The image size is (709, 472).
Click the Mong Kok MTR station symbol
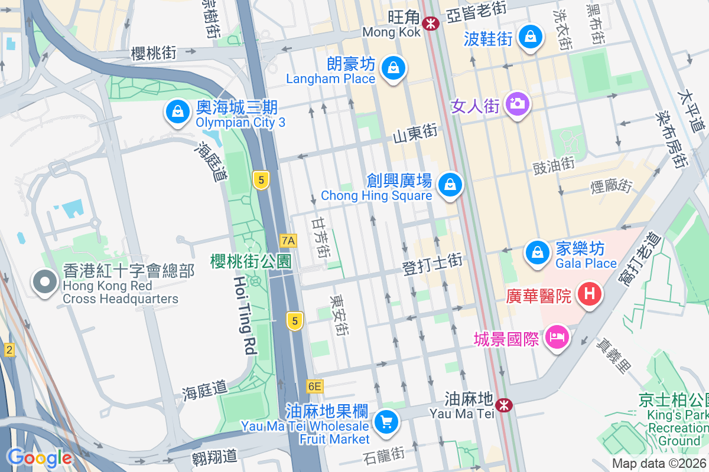[x=430, y=23]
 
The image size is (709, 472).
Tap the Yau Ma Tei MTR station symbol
[x=503, y=405]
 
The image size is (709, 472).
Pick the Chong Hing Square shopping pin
[x=451, y=185]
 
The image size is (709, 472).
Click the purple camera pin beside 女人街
[x=518, y=104]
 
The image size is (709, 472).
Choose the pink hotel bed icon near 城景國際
[x=557, y=338]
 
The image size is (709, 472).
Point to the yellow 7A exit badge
[x=288, y=240]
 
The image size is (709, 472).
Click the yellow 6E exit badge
[x=315, y=386]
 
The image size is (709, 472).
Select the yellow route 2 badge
[x=8, y=350]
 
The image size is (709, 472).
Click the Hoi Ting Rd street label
[x=244, y=315]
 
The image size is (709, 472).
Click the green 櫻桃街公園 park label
[x=251, y=261]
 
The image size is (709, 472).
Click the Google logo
[x=40, y=457]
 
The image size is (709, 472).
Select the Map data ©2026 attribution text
[x=659, y=464]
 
